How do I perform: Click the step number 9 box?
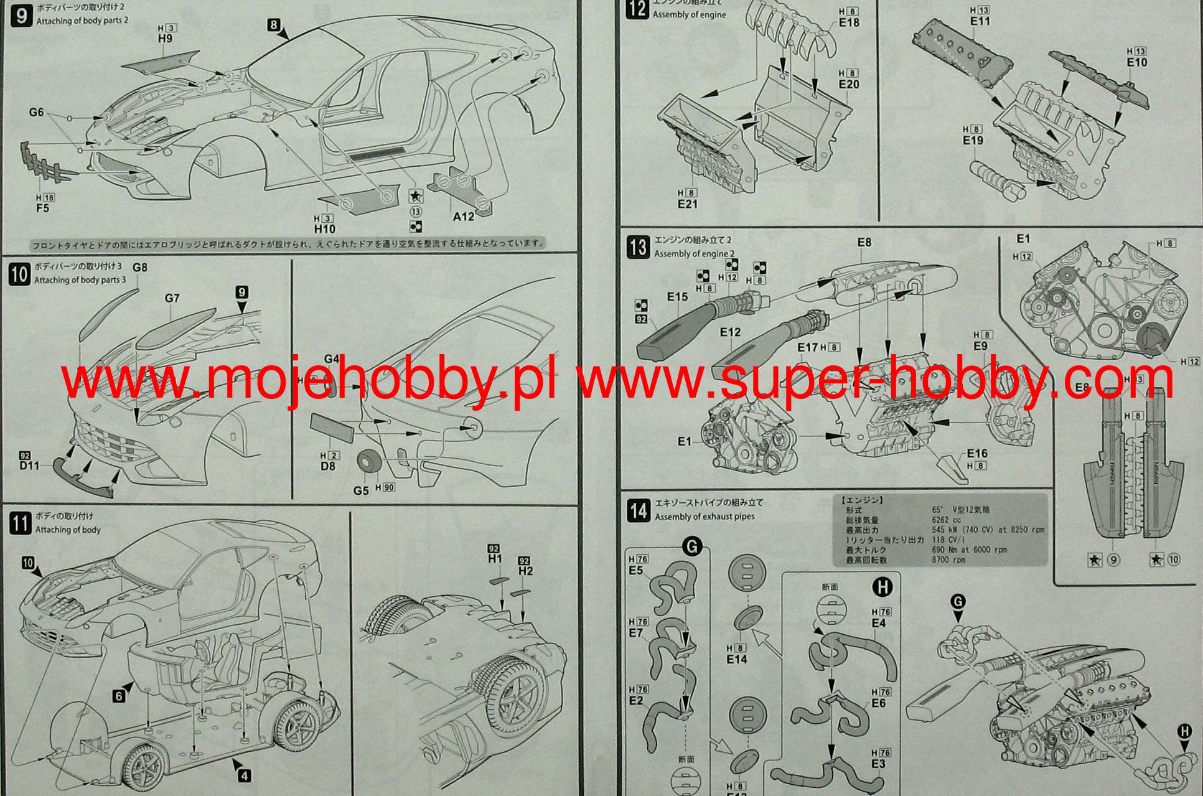coord(22,16)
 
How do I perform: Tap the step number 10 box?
coord(19,274)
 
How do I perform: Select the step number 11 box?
coord(19,523)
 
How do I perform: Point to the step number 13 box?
coord(638,247)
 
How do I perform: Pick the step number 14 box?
coord(638,510)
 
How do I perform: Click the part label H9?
coord(165,39)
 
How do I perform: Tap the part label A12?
coord(463,217)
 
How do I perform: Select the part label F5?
coord(42,208)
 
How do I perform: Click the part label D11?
coord(29,466)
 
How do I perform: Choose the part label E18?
coord(849,22)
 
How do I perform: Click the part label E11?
coord(980,21)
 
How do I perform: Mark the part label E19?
coord(973,141)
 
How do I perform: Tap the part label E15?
coord(677,297)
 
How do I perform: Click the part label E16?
coord(977,454)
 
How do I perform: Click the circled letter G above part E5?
coord(692,547)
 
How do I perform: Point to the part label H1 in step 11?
coord(495,560)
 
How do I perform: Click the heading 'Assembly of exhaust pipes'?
coord(704,517)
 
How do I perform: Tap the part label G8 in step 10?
coord(140,268)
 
